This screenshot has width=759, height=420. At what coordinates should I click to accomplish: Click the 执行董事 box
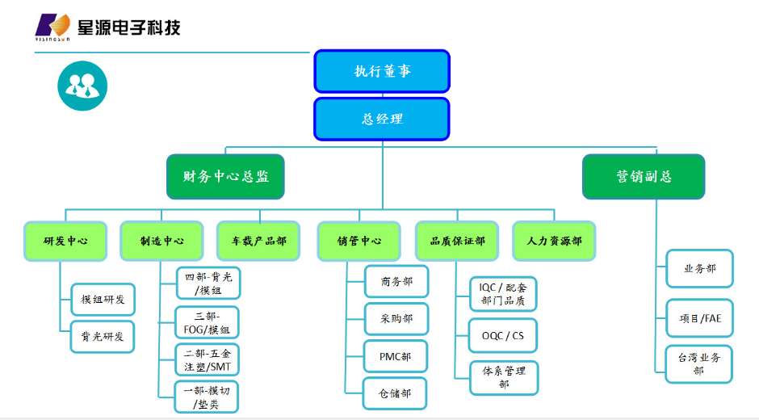click(x=382, y=71)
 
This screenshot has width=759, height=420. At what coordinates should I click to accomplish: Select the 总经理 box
click(x=382, y=120)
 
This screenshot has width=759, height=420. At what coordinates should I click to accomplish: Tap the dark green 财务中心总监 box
click(x=225, y=176)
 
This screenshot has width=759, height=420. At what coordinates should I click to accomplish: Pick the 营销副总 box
click(x=644, y=176)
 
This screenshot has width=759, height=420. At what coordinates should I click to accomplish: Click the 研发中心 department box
click(x=65, y=241)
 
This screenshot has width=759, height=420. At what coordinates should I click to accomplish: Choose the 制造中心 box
click(x=161, y=241)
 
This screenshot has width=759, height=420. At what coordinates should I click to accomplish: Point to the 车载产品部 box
click(x=258, y=241)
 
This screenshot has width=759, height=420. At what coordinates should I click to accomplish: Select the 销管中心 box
click(x=359, y=241)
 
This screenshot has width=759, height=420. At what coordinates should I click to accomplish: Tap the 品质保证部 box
click(x=458, y=241)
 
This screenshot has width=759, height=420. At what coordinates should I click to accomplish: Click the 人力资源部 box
click(x=554, y=241)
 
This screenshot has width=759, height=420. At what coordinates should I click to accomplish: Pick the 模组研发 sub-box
click(x=103, y=300)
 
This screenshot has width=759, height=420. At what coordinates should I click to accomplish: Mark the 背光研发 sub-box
click(x=103, y=336)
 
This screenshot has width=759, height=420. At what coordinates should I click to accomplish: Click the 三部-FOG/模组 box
click(x=207, y=322)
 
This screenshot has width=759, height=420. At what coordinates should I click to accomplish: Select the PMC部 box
click(x=396, y=356)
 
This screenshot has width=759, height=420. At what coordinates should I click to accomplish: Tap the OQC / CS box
click(x=503, y=336)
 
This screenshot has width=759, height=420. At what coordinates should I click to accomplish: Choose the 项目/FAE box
click(x=699, y=318)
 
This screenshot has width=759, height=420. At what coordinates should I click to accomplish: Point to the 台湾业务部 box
click(x=699, y=363)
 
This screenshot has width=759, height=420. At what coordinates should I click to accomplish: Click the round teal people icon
click(x=82, y=86)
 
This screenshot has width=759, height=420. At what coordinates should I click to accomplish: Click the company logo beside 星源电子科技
click(x=52, y=27)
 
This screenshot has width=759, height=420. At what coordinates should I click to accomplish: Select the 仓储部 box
click(x=395, y=393)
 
